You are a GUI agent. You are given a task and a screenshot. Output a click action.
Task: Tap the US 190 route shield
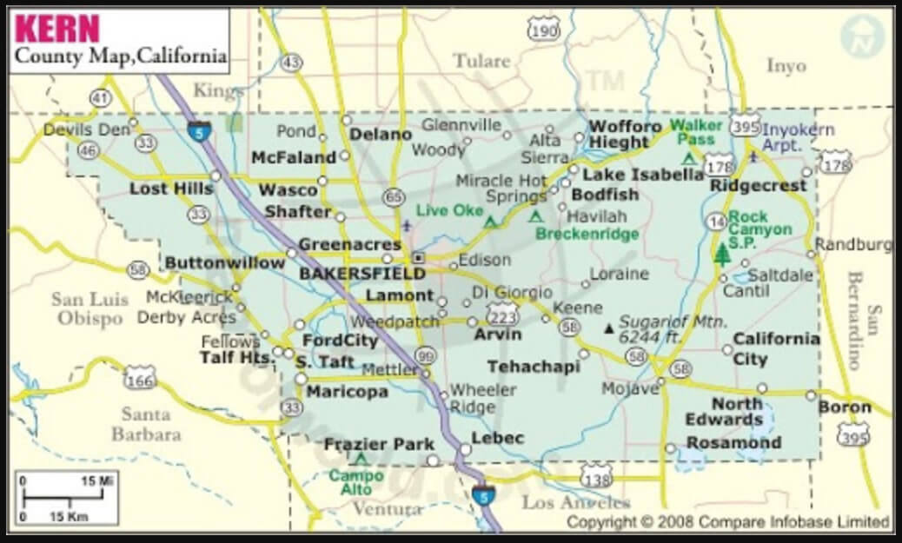coord(544,31)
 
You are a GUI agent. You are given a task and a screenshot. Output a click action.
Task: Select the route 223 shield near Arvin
coord(503,313)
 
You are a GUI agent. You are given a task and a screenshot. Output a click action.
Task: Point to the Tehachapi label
coord(533,367)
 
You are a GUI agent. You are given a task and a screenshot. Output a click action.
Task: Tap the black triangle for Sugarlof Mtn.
coord(608,328)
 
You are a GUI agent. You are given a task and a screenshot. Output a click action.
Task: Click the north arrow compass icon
coord(860,37)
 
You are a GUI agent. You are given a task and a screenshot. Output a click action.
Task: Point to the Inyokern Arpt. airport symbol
coord(753,156)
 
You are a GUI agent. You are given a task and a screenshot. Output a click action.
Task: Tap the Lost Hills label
coord(171,189)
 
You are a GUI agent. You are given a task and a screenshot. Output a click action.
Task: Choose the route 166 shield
coord(140,376)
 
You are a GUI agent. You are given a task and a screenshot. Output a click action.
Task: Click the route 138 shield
coord(596,475)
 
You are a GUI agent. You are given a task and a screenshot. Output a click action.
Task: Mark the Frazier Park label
coord(379,444)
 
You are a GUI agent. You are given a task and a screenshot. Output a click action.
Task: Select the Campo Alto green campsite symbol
coord(361,459)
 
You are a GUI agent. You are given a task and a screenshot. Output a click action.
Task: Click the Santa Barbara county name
coord(145,423)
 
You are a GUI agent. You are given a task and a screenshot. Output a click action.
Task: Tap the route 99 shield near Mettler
coord(426,356)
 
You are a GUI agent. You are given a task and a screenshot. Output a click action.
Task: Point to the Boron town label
coord(845,407)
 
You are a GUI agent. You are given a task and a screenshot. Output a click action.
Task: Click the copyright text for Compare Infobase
coord(728,522)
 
